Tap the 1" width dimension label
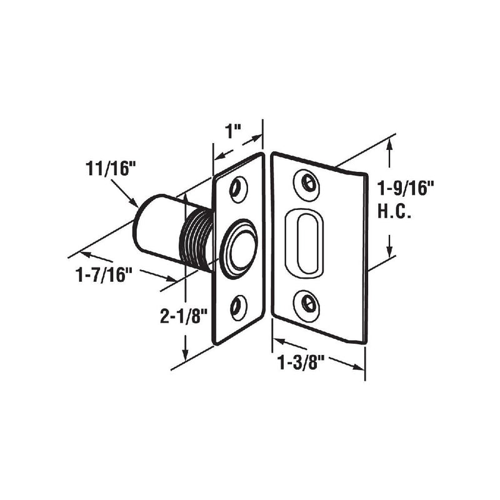[234, 132]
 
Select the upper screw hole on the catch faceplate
[237, 188]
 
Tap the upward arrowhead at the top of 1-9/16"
[391, 146]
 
